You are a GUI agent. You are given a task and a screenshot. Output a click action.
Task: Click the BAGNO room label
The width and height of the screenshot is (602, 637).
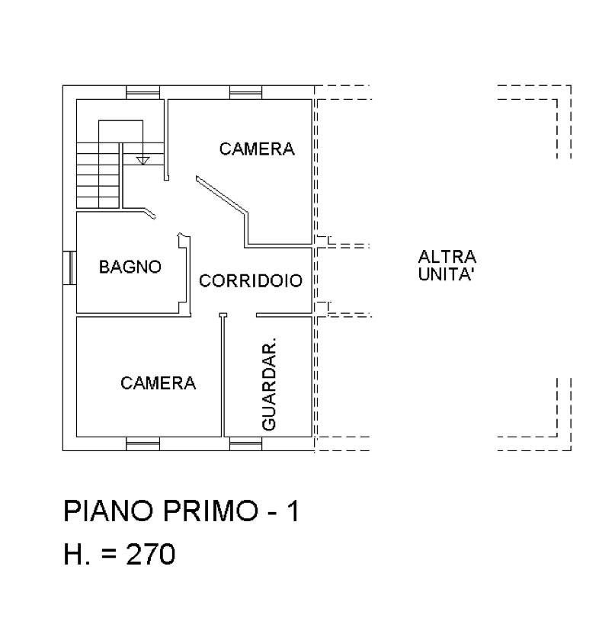coord(130,267)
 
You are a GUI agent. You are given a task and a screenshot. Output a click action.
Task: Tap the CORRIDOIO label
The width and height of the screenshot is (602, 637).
coord(251,280)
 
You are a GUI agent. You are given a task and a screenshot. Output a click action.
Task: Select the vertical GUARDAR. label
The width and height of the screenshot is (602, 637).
coord(268,383)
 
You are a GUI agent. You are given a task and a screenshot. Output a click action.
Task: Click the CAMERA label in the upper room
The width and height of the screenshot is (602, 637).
coord(257,149)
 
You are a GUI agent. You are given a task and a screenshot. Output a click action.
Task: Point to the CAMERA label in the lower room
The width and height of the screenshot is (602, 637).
coord(158,383)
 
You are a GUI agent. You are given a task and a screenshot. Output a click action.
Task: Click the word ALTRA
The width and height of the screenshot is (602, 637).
coord(447,257)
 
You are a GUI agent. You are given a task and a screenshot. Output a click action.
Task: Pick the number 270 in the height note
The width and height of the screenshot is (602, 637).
coord(150,554)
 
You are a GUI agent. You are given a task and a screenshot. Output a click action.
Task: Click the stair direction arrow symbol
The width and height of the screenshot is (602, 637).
coord(142,160)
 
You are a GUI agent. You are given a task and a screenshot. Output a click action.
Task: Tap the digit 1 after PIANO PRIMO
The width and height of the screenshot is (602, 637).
coord(292,511)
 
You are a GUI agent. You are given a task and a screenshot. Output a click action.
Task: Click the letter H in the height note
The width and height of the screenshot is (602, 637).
coord(73,554)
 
